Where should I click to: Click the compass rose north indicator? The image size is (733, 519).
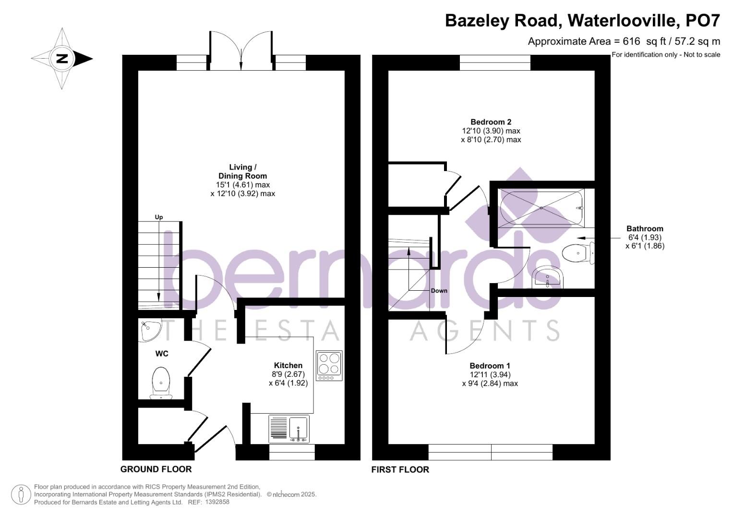pos(62,59)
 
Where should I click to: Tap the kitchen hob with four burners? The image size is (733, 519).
pos(329,365)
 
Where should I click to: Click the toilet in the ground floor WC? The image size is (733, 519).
pos(161,382)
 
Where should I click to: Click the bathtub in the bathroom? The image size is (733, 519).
pos(541,208)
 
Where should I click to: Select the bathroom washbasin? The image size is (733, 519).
pos(547,278)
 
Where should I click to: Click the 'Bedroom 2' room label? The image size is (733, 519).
pos(487,122)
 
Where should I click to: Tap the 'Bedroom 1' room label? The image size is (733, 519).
pos(487,366)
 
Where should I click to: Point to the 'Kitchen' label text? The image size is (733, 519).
pos(288,365)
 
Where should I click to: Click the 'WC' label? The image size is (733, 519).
pos(162,354)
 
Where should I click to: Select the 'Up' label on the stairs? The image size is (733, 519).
pos(159,217)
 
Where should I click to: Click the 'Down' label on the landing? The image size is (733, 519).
pos(439,291)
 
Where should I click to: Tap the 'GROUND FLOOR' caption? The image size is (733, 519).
pos(156,470)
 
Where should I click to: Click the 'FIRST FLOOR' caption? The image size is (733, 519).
pos(400,470)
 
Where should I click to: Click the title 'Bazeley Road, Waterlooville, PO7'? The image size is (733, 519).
pos(582,21)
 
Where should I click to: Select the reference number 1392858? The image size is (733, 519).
pos(217,502)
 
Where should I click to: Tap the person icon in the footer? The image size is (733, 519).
pos(21,494)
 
